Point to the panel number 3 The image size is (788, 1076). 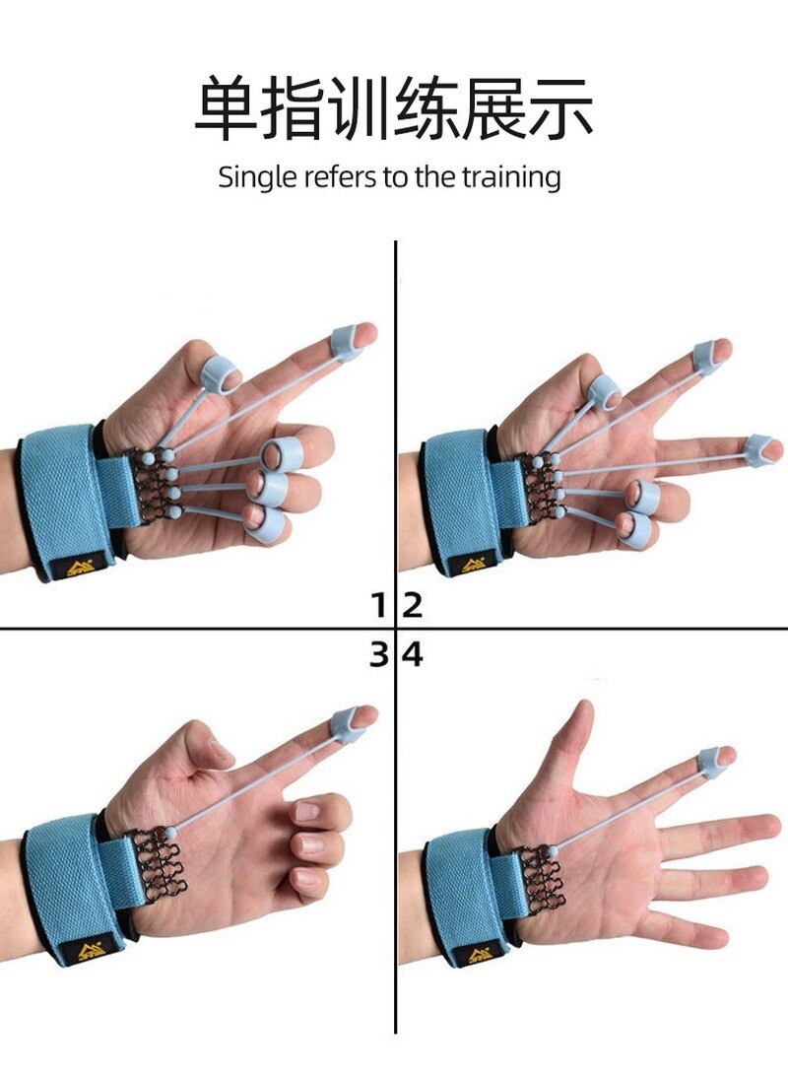pos(378,653)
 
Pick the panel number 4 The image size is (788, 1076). pos(413,653)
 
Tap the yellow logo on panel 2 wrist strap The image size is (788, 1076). pos(480,566)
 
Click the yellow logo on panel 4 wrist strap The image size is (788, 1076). pos(480,954)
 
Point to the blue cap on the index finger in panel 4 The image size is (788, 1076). pos(712,760)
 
